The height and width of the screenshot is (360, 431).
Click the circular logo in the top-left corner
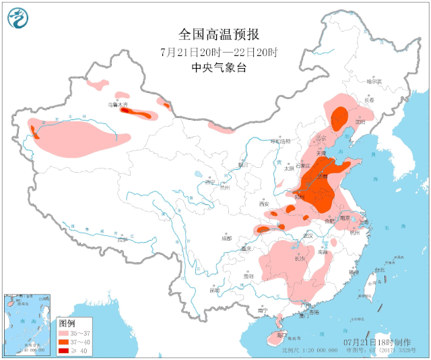[20, 18]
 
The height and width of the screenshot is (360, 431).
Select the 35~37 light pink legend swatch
[65, 333]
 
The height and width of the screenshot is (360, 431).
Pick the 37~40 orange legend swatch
[65, 342]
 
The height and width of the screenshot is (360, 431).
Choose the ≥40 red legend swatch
[65, 351]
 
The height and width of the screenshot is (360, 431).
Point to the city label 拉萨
[121, 239]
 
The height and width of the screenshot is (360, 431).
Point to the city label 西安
[263, 204]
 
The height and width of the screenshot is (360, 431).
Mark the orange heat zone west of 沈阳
[339, 115]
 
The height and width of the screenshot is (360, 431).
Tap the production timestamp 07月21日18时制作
[372, 342]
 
